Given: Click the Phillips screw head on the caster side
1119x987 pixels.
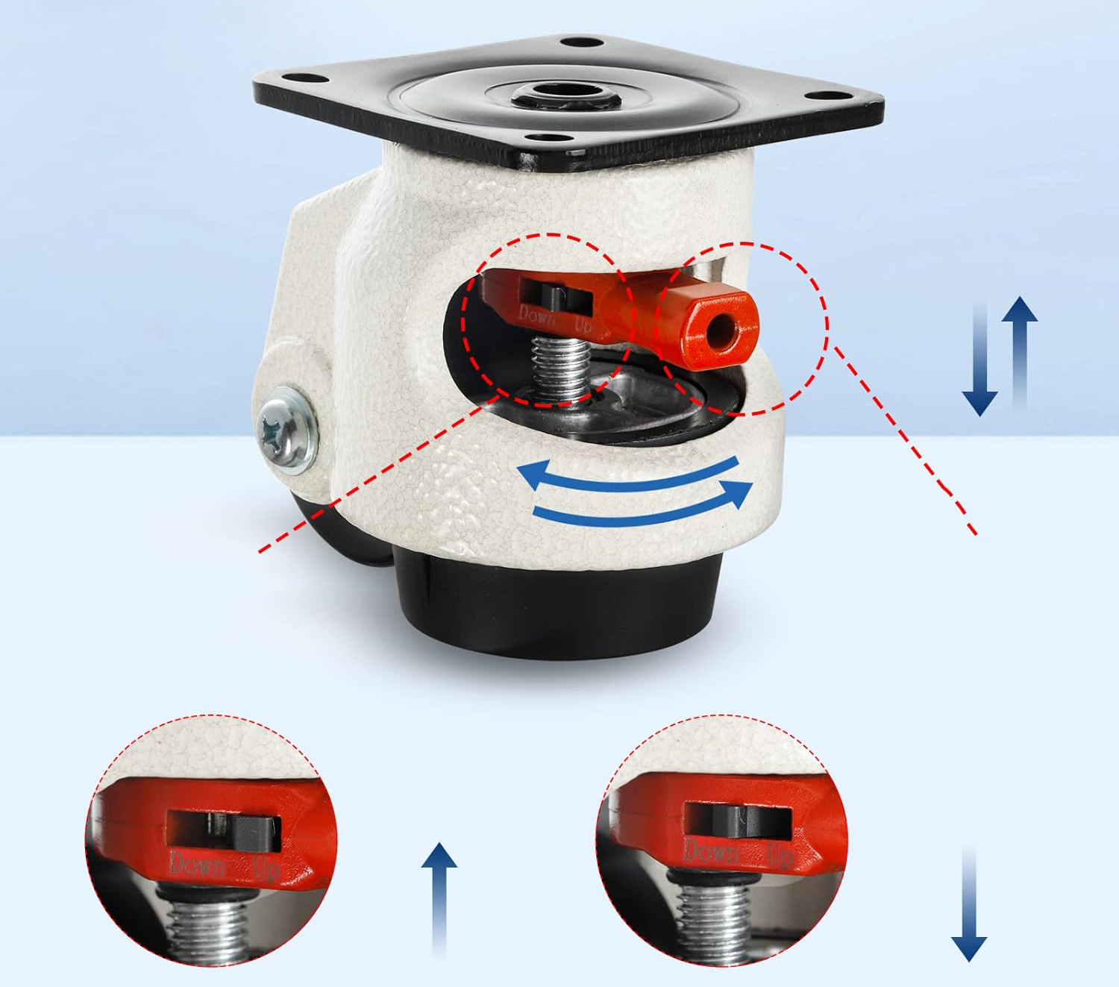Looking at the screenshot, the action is pyautogui.click(x=287, y=430).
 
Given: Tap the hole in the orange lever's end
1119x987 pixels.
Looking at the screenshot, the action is pyautogui.click(x=721, y=329).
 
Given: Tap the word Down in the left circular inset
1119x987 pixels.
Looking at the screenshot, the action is pyautogui.click(x=198, y=865).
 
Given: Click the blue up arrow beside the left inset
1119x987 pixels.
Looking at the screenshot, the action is pyautogui.click(x=439, y=901).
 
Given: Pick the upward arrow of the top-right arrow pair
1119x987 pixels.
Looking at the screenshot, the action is pyautogui.click(x=1020, y=354).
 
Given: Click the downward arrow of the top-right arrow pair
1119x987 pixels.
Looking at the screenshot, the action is pyautogui.click(x=979, y=359).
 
